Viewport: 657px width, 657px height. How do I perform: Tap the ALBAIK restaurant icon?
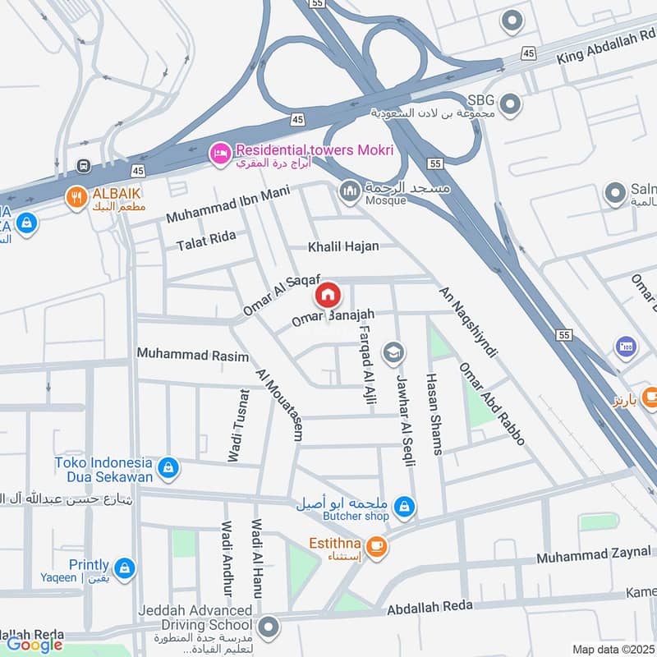pyautogui.click(x=77, y=197)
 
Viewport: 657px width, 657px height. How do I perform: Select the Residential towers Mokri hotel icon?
pyautogui.click(x=219, y=154)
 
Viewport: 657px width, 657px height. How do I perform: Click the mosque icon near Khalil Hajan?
pyautogui.click(x=348, y=191)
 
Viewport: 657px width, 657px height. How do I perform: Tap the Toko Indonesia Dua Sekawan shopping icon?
pyautogui.click(x=168, y=467)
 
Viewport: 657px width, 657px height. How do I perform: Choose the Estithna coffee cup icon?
pyautogui.click(x=376, y=546)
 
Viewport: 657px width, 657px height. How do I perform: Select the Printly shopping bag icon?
pyautogui.click(x=124, y=567)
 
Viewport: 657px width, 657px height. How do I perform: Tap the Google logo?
pyautogui.click(x=35, y=645)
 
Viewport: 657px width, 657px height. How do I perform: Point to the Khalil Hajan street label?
pyautogui.click(x=343, y=246)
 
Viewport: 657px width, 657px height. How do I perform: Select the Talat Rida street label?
pyautogui.click(x=206, y=240)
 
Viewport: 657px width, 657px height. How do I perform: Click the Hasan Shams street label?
pyautogui.click(x=433, y=413)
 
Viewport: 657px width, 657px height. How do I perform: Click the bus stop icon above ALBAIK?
pyautogui.click(x=83, y=166)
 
